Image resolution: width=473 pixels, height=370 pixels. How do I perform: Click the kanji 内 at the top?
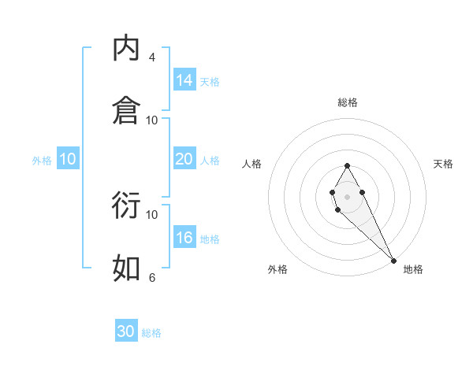pos(126,49)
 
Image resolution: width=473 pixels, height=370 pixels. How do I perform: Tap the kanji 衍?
pos(126,205)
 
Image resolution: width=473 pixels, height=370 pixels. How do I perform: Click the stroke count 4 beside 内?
pos(152,57)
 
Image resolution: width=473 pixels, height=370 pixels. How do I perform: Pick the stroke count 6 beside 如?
pos(152,277)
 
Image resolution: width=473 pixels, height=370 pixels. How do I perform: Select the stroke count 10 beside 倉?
pos(152,120)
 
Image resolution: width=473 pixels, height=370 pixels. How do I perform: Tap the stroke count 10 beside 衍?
pos(152,214)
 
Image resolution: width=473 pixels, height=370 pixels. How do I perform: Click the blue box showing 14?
pos(184,80)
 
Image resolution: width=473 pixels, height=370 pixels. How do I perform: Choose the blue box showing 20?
pos(184,158)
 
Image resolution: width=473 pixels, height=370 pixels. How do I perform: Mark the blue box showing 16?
pos(184,238)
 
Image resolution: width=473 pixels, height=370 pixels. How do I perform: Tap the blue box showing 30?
pos(126,331)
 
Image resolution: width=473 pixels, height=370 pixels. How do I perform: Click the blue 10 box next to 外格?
pos(68,159)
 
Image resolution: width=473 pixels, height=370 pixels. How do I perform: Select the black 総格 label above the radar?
pos(348,102)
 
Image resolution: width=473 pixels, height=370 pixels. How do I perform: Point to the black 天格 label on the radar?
pos(444,164)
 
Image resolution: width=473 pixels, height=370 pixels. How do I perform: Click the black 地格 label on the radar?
pos(413,269)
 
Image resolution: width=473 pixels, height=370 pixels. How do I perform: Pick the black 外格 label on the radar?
pos(277,269)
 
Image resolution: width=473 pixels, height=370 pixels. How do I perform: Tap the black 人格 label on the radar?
pos(252,164)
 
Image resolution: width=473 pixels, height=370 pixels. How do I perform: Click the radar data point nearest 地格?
pos(393,260)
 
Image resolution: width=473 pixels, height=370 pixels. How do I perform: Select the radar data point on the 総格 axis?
pos(348,165)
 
